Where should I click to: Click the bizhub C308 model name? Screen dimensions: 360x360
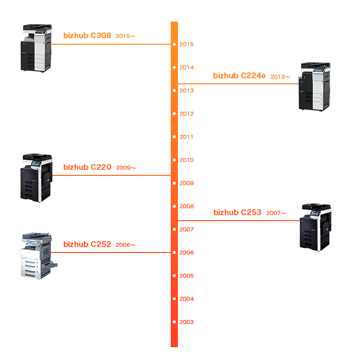click(x=87, y=35)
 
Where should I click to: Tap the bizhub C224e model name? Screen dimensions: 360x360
click(x=239, y=76)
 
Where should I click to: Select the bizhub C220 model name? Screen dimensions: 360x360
click(x=87, y=167)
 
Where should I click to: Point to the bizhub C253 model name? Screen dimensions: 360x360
click(x=237, y=212)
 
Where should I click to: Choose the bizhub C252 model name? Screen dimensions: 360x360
click(x=87, y=244)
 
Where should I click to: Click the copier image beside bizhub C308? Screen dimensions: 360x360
click(x=37, y=48)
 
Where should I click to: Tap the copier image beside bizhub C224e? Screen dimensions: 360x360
click(x=316, y=86)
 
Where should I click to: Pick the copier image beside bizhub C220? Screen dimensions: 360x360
click(x=37, y=177)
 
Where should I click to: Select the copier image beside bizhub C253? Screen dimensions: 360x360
click(x=316, y=226)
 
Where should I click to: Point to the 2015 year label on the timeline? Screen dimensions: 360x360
click(x=187, y=44)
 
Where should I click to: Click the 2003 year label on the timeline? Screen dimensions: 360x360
click(x=187, y=322)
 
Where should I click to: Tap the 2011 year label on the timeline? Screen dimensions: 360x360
click(x=187, y=137)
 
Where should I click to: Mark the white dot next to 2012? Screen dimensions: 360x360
click(x=175, y=114)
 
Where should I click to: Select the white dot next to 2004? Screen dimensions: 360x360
click(x=175, y=299)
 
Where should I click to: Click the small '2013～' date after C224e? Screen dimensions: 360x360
click(x=280, y=77)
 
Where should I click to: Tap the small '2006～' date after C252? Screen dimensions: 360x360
click(x=125, y=245)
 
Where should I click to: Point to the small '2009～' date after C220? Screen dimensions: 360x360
click(x=126, y=168)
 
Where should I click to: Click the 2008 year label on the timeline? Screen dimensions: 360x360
click(x=187, y=206)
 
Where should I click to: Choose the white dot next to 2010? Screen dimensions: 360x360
click(x=175, y=160)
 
